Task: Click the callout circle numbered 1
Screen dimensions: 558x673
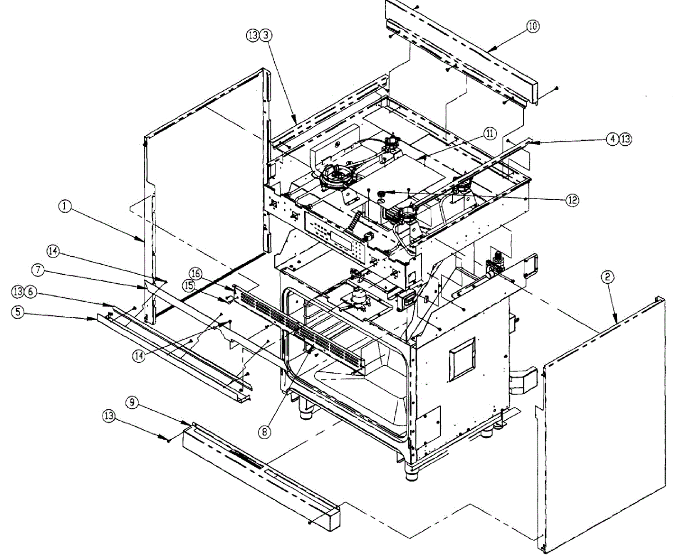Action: [x=65, y=206]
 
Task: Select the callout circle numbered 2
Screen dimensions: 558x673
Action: [x=609, y=276]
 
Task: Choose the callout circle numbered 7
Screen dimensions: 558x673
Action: [x=38, y=270]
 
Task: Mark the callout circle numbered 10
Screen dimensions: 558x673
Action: [x=532, y=26]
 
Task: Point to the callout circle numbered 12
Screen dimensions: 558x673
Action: [x=571, y=199]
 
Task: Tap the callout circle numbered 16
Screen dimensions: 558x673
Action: [x=195, y=272]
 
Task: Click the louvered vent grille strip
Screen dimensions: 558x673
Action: [x=297, y=328]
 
